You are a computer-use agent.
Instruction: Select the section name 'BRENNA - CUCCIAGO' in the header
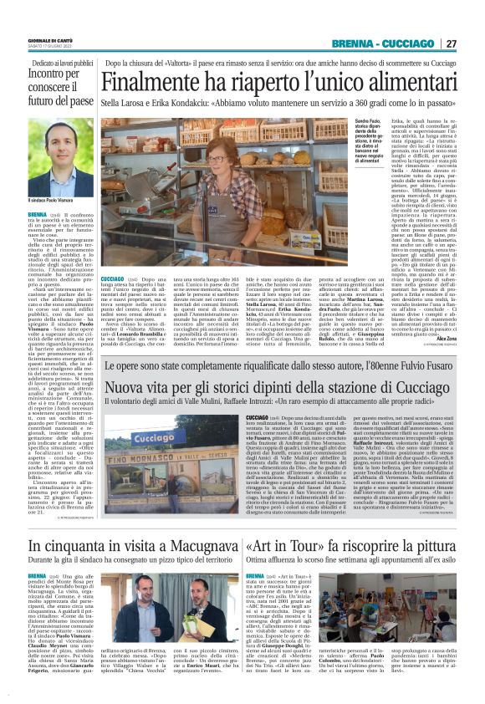click(383, 43)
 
